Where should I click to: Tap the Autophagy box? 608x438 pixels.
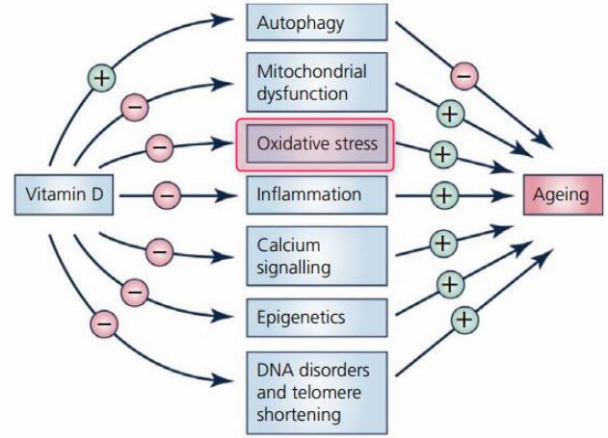(316, 21)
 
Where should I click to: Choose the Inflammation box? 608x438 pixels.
(316, 194)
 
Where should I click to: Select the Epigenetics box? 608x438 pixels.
(316, 316)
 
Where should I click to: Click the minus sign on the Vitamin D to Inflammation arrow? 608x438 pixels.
(166, 194)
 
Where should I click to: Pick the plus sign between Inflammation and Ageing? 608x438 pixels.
(442, 194)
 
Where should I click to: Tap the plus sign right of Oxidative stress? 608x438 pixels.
(441, 153)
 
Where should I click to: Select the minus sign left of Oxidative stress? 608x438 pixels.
(158, 147)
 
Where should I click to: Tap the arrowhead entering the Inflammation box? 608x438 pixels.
(233, 194)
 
